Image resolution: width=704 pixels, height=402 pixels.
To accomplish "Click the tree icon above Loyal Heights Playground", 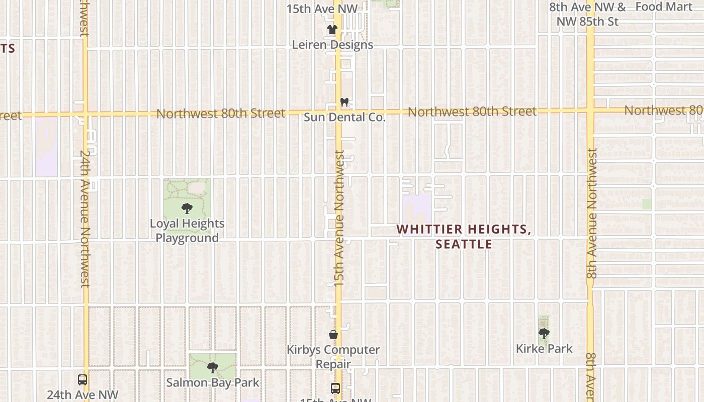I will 187,209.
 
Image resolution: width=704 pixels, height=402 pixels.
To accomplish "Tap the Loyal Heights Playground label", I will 187,231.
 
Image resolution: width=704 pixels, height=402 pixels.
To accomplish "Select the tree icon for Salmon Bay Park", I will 212,368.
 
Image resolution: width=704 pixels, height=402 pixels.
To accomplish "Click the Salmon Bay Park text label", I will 213,382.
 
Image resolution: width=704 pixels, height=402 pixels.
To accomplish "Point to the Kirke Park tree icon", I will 544,333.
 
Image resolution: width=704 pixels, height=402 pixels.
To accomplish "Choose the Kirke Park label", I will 544,348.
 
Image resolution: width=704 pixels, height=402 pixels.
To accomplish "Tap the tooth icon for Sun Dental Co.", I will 344,102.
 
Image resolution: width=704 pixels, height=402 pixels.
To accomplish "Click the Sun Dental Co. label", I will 344,118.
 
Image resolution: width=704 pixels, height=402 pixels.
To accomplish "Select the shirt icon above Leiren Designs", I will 332,30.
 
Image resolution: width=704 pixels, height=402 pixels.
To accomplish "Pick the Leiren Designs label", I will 333,45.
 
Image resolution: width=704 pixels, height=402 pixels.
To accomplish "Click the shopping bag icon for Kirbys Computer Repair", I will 333,335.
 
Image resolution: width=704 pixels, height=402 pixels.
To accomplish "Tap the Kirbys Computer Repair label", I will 333,356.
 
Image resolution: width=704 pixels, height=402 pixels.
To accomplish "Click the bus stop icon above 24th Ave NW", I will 82,380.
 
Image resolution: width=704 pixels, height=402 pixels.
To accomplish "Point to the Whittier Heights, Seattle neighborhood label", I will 464,237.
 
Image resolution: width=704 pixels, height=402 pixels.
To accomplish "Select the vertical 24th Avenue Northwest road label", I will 85,219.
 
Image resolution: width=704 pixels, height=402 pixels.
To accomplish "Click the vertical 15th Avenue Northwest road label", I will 339,219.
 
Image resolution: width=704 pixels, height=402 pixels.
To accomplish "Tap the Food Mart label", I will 664,7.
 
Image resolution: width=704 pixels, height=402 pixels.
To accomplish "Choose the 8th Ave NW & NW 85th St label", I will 587,15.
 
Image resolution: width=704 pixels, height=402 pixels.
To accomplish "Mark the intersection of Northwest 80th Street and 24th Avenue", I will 85,114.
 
